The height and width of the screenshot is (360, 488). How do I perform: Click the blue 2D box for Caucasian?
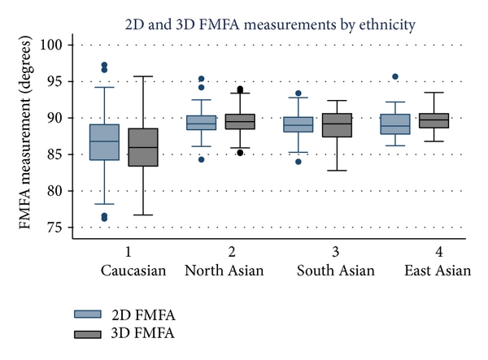pyautogui.click(x=105, y=142)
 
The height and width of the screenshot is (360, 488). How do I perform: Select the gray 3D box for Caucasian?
pyautogui.click(x=143, y=147)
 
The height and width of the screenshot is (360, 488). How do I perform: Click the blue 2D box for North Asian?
pyautogui.click(x=201, y=122)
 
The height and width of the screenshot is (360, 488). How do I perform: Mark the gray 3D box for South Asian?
pyautogui.click(x=337, y=125)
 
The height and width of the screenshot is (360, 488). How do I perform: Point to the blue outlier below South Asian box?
pyautogui.click(x=299, y=162)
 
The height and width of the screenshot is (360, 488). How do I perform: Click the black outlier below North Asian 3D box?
pyautogui.click(x=240, y=153)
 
